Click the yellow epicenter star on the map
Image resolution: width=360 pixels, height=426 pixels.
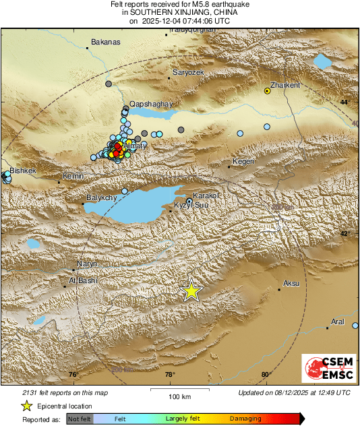tap(192, 291)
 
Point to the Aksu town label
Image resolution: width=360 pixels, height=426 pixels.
tap(291, 283)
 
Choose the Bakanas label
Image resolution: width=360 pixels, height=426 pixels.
tap(104, 42)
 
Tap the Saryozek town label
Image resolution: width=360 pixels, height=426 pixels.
tap(188, 71)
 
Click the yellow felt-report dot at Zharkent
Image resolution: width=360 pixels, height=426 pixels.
tap(268, 91)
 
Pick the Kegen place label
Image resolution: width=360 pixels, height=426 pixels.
tap(243, 161)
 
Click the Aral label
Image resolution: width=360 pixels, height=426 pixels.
tap(338, 322)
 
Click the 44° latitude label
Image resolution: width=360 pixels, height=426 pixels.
tap(344, 101)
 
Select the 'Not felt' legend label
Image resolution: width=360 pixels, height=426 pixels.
tap(80, 419)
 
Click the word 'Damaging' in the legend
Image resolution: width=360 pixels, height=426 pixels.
tap(245, 419)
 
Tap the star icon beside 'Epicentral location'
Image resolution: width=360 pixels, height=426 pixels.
tap(27, 406)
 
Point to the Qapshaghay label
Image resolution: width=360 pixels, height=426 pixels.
tap(152, 104)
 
